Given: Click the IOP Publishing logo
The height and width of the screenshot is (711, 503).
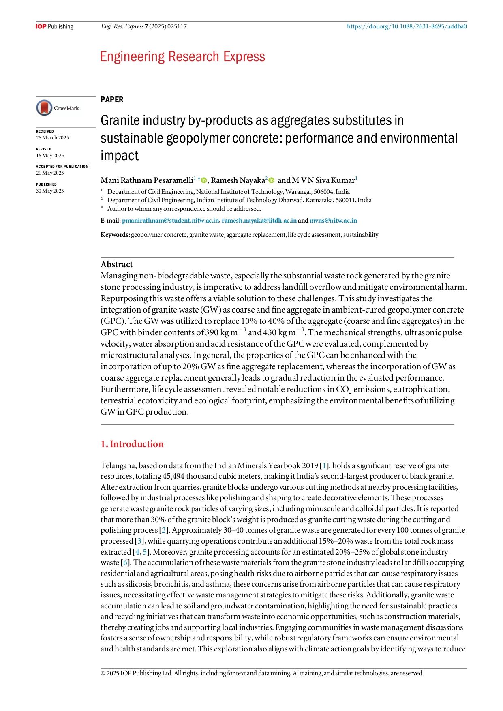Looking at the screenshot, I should coord(54,27).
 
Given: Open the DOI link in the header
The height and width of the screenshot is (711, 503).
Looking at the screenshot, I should coord(407,27).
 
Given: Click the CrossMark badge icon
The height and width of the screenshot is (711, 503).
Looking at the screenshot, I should coord(45,108).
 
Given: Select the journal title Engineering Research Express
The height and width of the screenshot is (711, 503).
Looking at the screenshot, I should coord(182,56).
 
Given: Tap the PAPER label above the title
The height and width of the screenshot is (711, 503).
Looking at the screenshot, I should coord(112,100).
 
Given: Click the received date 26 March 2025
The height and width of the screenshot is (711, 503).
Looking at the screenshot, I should coord(53,138).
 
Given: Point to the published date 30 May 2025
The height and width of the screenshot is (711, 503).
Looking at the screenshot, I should coord(50,191).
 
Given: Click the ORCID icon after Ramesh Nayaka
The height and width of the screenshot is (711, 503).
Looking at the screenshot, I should coord(272,180).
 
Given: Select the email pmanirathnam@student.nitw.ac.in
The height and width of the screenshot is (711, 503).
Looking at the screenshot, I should coord(171,221).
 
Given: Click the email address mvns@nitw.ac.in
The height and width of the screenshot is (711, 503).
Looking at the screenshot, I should coord(333,221).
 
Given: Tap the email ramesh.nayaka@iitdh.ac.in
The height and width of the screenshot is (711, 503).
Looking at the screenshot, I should coord(259,221).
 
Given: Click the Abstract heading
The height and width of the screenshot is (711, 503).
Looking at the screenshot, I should coord(117,264).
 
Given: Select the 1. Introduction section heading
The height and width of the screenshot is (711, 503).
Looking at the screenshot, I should coord(132,444).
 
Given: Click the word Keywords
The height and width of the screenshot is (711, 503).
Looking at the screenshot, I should coord(115,235).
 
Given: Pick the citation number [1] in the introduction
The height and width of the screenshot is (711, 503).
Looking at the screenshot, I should coord(324,466).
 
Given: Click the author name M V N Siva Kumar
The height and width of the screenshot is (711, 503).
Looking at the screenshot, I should coord(323,180).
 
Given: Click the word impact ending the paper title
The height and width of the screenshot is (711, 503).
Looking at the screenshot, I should coord(120,156).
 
